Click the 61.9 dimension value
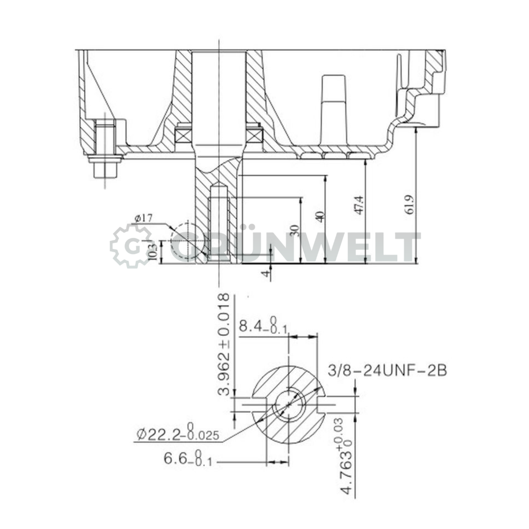[x=410, y=205]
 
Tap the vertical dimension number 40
[x=320, y=216]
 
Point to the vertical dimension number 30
[x=295, y=230]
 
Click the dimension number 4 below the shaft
[x=267, y=273]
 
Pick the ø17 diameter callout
[x=143, y=219]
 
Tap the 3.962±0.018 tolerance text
[x=224, y=344]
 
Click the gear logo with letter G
[x=131, y=246]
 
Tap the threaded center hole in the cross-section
[x=289, y=405]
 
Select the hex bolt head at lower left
[x=105, y=169]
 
